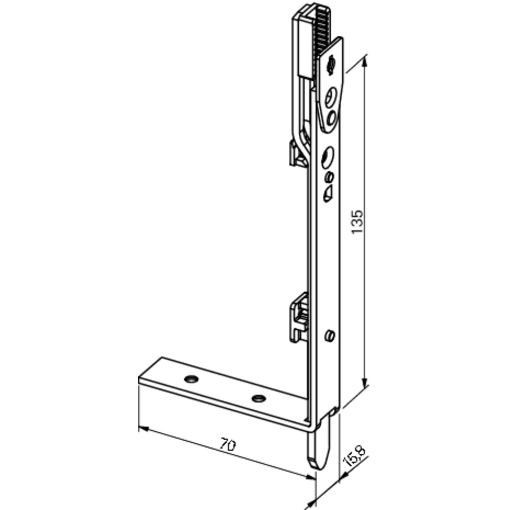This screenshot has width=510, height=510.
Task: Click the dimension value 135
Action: point(358,222)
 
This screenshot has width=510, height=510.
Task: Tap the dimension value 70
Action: point(227,445)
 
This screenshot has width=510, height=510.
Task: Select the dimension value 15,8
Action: point(356,455)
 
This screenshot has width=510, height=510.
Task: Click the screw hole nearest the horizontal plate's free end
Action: point(191,379)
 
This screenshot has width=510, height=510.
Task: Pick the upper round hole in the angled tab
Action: point(330,97)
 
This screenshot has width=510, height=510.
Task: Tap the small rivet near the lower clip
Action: point(329,336)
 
